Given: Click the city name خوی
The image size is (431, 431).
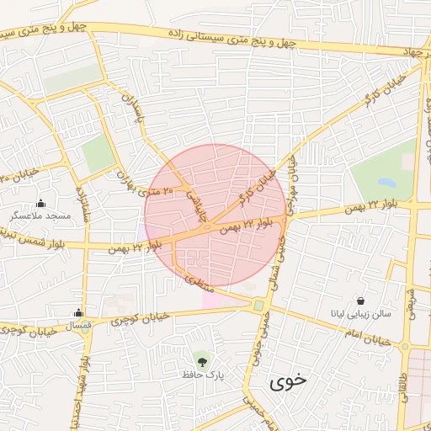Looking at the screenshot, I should point(289,380).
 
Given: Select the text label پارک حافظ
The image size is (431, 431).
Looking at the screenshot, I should point(200,373).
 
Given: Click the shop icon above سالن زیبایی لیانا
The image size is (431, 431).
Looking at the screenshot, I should point(360,301).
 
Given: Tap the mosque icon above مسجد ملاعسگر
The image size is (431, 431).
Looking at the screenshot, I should point(40,203).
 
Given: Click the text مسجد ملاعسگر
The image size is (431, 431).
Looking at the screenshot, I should point(40,216).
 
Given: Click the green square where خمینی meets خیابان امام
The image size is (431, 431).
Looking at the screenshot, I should point(259,306).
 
